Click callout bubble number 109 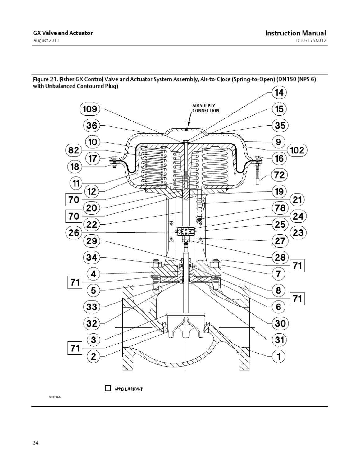pyautogui.click(x=90, y=109)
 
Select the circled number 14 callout pyautogui.click(x=279, y=93)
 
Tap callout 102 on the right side pyautogui.click(x=297, y=150)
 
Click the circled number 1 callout pyautogui.click(x=279, y=356)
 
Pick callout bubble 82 pyautogui.click(x=74, y=150)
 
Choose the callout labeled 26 pyautogui.click(x=74, y=233)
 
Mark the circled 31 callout pyautogui.click(x=279, y=340)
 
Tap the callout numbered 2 pyautogui.click(x=92, y=356)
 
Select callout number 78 pyautogui.click(x=279, y=208)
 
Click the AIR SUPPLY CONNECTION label pyautogui.click(x=205, y=108)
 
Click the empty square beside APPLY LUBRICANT pyautogui.click(x=108, y=388)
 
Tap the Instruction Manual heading pyautogui.click(x=295, y=33)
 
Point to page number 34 pyautogui.click(x=35, y=443)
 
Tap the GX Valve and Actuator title pyautogui.click(x=63, y=33)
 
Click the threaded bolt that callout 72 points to pyautogui.click(x=258, y=176)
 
